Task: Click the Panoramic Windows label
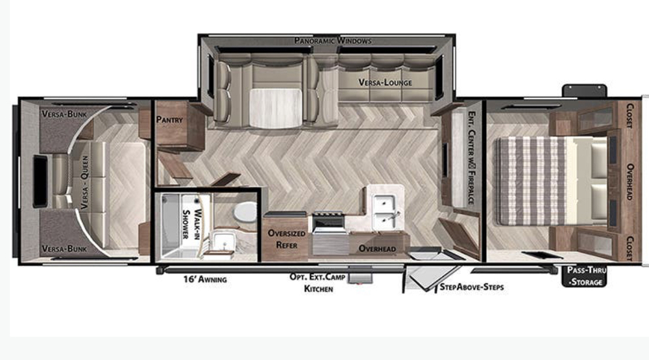(332, 41)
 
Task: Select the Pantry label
(169, 120)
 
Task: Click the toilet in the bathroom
(245, 212)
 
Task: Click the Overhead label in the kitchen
(377, 248)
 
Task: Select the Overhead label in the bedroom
(628, 180)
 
